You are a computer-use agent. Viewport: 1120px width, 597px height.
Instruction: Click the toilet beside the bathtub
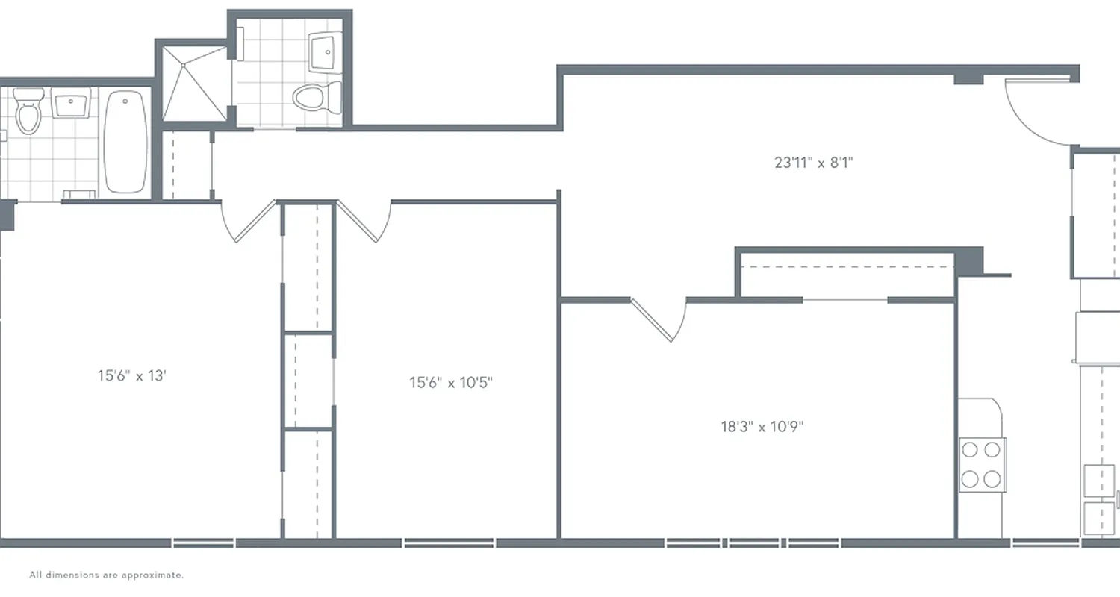[x=28, y=112]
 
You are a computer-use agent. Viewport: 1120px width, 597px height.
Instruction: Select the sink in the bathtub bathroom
[x=72, y=104]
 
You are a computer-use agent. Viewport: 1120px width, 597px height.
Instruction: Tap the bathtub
[x=125, y=142]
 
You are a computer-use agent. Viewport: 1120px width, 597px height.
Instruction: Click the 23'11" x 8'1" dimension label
[x=813, y=162]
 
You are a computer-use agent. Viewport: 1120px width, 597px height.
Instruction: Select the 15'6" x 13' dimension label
[x=131, y=375]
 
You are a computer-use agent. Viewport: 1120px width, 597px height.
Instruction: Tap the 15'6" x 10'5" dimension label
[x=451, y=383]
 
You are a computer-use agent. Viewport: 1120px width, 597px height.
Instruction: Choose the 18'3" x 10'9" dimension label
[x=762, y=427]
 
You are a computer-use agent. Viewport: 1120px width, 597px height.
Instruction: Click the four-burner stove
[x=982, y=464]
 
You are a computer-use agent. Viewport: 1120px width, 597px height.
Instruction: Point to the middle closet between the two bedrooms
[x=308, y=381]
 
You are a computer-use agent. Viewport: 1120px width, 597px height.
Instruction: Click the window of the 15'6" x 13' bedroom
[x=203, y=543]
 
